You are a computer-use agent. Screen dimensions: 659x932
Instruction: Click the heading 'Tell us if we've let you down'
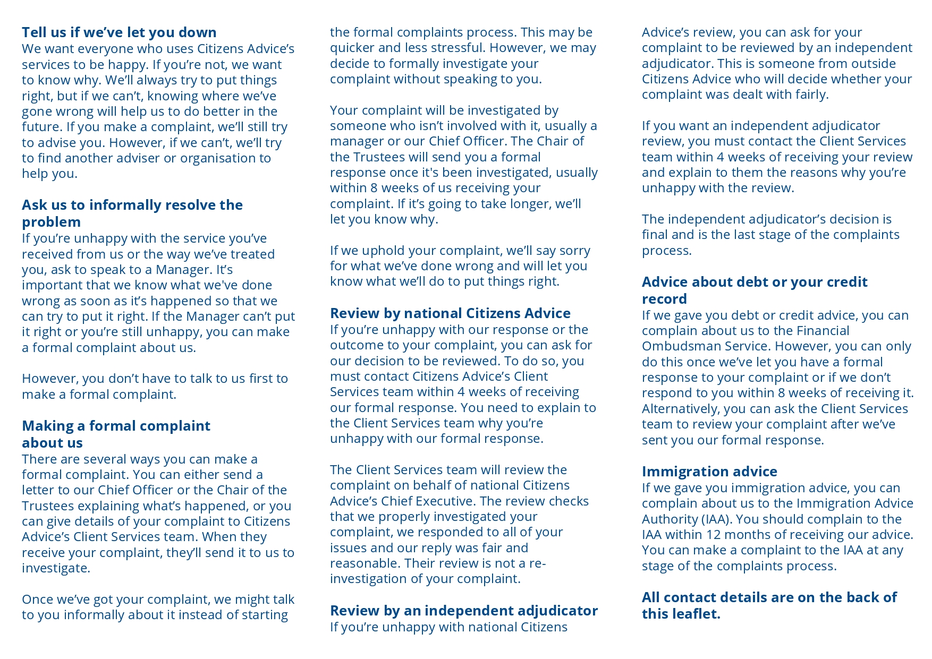[x=119, y=32]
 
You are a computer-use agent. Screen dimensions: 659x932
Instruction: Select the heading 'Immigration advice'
[x=709, y=472]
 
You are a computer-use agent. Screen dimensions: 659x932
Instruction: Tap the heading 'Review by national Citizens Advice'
[x=450, y=313]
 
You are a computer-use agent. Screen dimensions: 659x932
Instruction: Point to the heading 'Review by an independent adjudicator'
[x=463, y=611]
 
